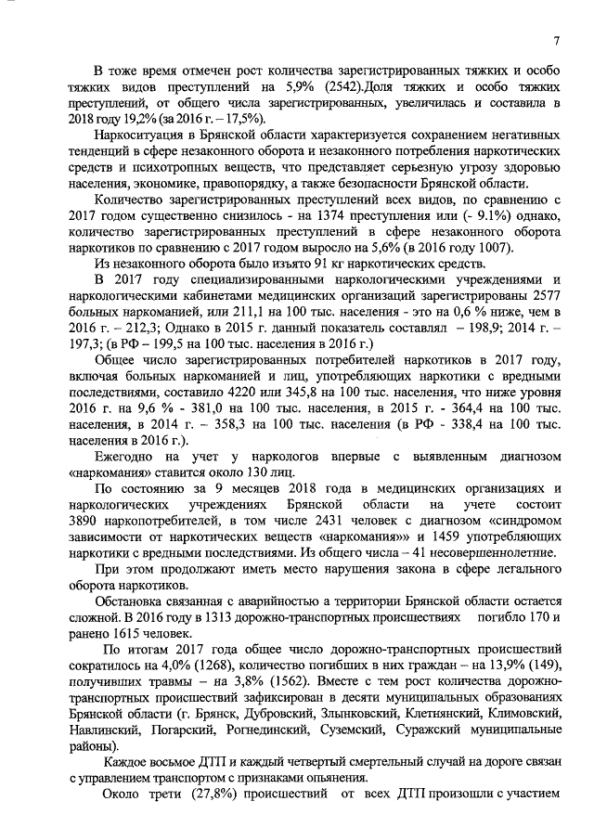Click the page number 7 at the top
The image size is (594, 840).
coord(556,39)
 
